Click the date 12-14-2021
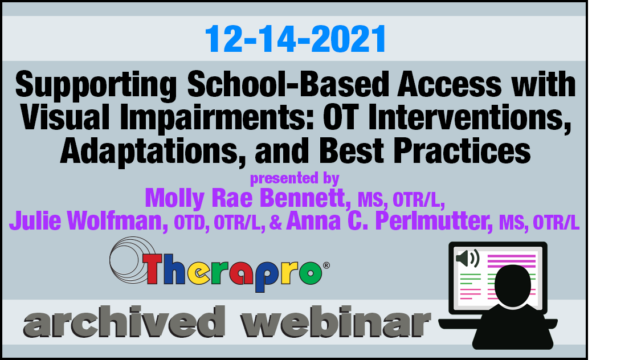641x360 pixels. (x=295, y=39)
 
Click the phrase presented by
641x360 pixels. (x=295, y=178)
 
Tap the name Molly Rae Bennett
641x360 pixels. (x=248, y=198)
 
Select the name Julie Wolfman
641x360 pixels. (x=88, y=220)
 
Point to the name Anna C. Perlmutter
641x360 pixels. (x=389, y=221)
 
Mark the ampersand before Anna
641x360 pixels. (x=276, y=223)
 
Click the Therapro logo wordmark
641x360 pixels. (x=232, y=271)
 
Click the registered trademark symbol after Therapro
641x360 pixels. (x=326, y=265)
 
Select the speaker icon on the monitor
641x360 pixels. (x=467, y=259)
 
